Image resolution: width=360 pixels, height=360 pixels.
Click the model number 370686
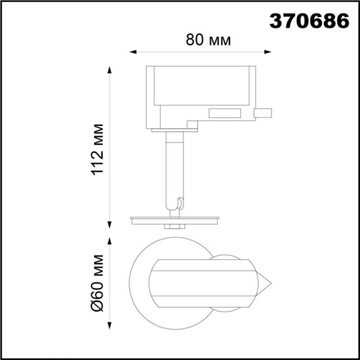tap(309, 20)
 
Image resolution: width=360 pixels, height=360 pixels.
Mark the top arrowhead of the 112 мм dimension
tap(110, 69)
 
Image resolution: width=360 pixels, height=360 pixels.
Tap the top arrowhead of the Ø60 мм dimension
tap(110, 240)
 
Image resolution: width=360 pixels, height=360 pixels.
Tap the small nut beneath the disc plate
tap(175, 226)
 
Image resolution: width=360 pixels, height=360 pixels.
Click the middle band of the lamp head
tap(202, 283)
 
